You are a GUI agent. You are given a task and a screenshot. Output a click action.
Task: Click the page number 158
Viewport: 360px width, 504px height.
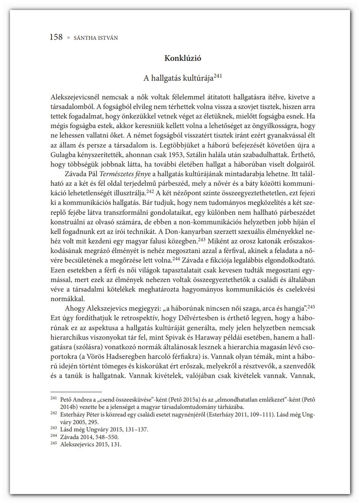(56, 37)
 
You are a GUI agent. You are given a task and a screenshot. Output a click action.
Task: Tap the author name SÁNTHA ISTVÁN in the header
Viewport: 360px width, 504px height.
(97, 38)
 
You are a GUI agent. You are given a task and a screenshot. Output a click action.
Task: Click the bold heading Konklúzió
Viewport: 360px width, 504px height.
(183, 59)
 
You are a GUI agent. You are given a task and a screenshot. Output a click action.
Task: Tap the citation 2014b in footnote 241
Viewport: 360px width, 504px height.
(68, 407)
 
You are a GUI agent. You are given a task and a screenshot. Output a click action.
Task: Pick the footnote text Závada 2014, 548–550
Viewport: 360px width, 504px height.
(87, 437)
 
